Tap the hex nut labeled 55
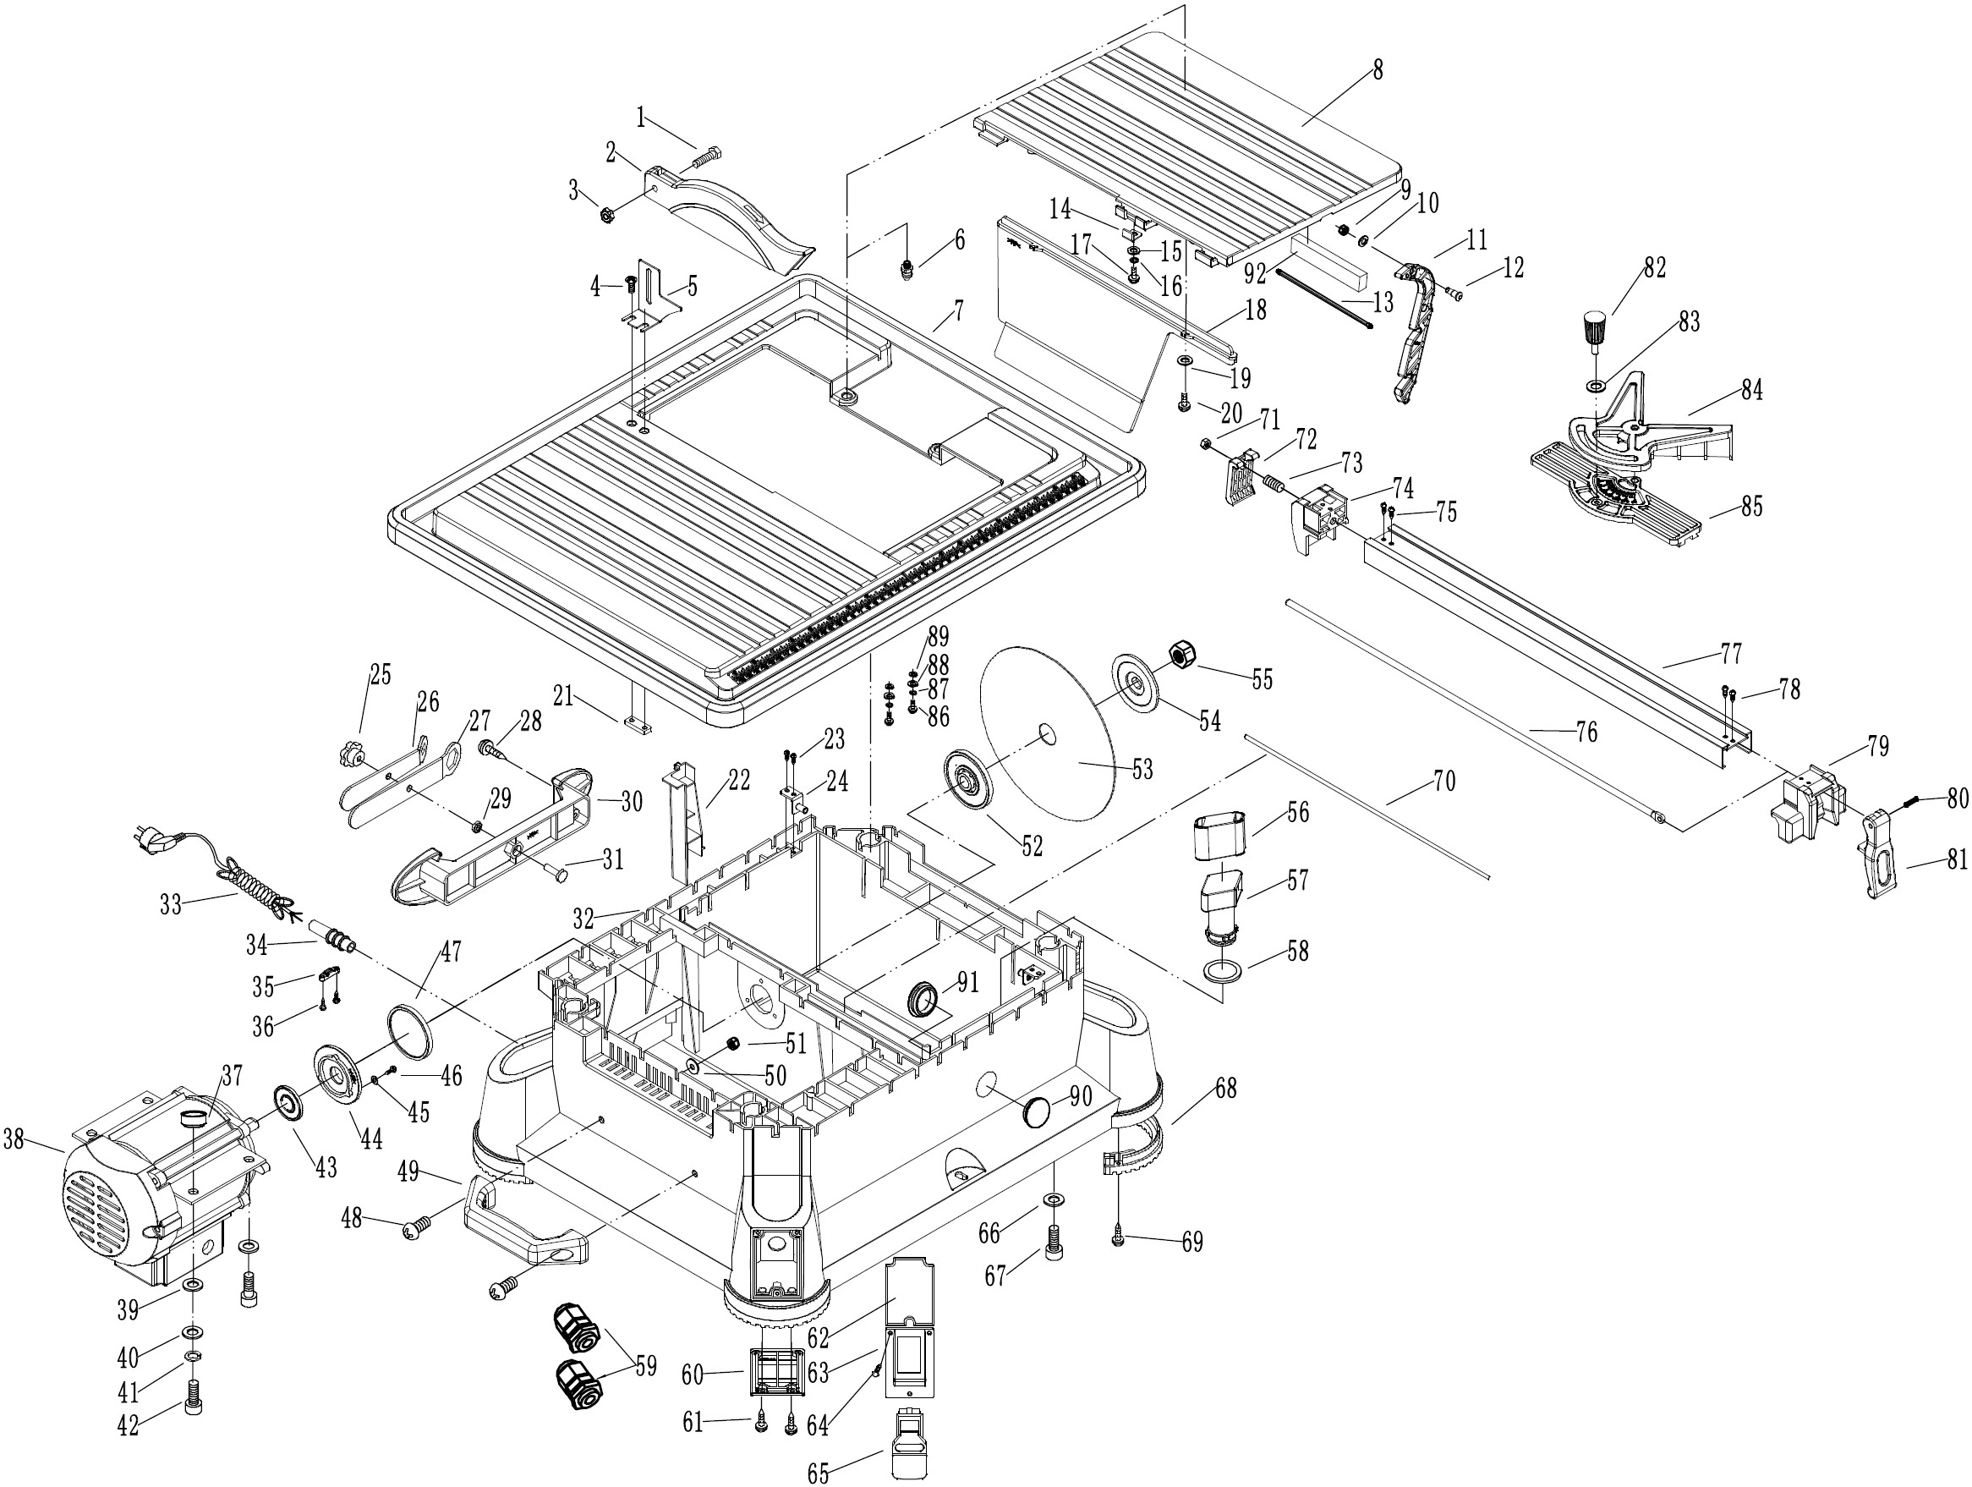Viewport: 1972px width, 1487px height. click(x=1181, y=656)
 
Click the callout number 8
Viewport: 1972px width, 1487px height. click(x=1378, y=70)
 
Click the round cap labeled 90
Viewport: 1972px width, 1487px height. click(x=1037, y=1111)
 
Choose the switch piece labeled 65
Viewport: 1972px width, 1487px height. click(x=909, y=1443)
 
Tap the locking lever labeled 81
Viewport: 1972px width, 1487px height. click(x=1877, y=860)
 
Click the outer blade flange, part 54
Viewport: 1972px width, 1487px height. click(x=1136, y=683)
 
